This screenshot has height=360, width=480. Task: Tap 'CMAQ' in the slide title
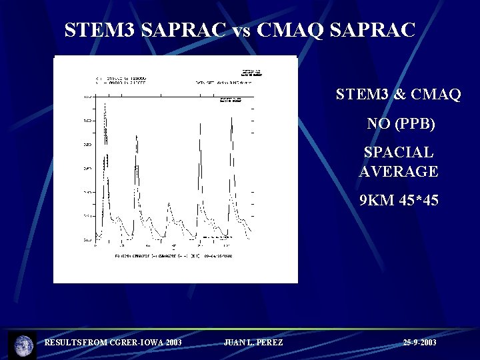click(300, 30)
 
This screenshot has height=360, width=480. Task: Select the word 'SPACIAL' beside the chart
click(399, 153)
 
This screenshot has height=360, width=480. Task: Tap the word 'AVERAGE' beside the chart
click(399, 171)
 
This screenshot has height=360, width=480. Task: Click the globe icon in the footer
click(23, 345)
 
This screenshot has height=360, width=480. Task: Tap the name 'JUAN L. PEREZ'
click(253, 343)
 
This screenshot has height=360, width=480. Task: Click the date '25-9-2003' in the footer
click(420, 343)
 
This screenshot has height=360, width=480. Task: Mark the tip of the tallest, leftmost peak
click(105, 101)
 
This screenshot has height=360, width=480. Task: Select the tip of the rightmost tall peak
click(231, 118)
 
